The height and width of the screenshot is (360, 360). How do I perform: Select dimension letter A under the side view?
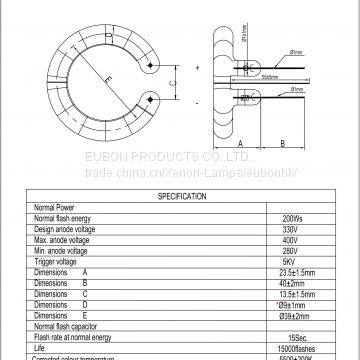coord(241,143)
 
